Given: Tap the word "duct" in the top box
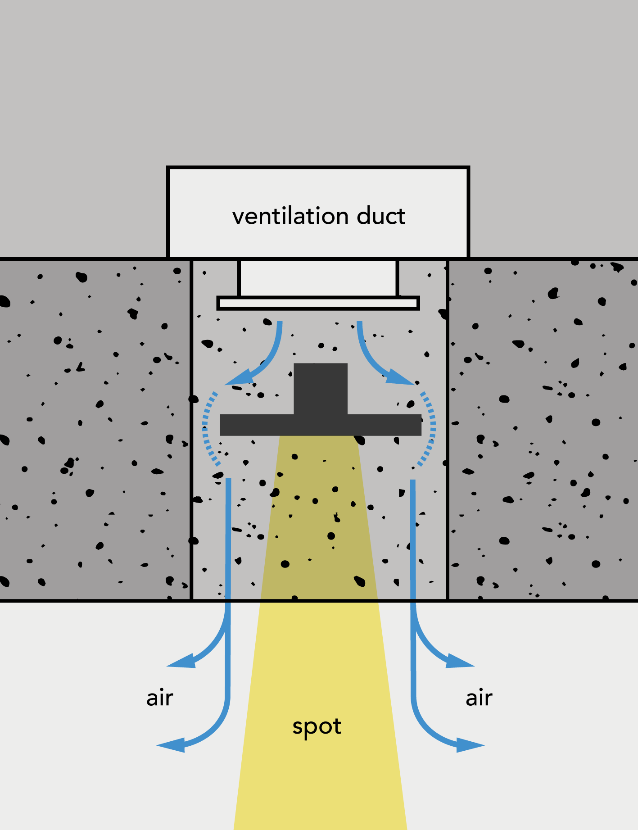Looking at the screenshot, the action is tap(381, 216).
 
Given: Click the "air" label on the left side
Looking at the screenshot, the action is tap(160, 698).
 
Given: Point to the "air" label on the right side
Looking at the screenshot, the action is tap(479, 698).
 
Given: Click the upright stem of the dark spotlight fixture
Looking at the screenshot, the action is tap(321, 389).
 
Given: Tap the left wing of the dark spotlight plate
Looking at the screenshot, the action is tap(257, 425).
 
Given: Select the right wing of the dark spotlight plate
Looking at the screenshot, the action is tap(385, 425).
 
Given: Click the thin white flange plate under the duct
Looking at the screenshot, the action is tap(318, 303).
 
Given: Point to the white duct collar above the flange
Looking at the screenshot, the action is tap(318, 278).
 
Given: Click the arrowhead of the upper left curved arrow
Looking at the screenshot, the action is tap(240, 377).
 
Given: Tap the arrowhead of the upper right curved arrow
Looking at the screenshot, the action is tap(400, 377).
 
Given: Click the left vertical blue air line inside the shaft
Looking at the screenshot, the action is tap(228, 540).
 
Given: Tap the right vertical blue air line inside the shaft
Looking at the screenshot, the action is tap(412, 540).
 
